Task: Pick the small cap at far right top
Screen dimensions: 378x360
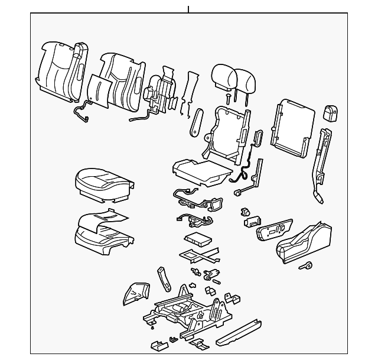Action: click(x=331, y=113)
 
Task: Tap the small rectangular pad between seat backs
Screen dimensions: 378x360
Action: click(x=97, y=91)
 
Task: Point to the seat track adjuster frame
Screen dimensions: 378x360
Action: click(x=186, y=310)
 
